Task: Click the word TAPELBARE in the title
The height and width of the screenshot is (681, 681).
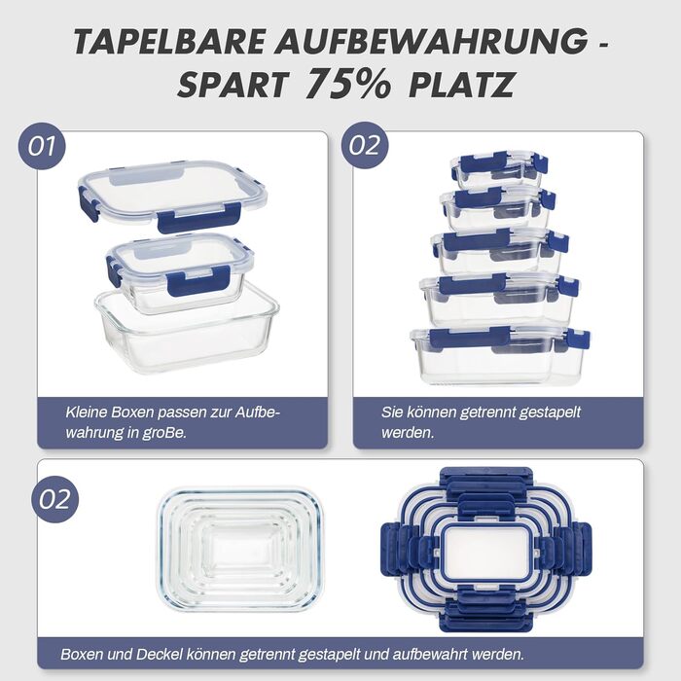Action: [169, 41]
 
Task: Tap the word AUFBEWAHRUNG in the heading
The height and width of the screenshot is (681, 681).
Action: [431, 41]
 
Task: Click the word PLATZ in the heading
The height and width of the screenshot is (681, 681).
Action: [461, 85]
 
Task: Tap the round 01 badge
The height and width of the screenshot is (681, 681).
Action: [42, 146]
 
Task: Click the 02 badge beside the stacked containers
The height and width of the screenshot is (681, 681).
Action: [365, 145]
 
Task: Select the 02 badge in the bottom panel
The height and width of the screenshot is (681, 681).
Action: [54, 499]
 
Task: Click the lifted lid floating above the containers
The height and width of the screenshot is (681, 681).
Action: [172, 195]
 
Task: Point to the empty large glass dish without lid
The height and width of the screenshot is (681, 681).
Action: [187, 333]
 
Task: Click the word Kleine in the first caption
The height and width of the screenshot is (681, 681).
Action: [87, 412]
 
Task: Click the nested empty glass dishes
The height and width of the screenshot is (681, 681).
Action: [239, 547]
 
